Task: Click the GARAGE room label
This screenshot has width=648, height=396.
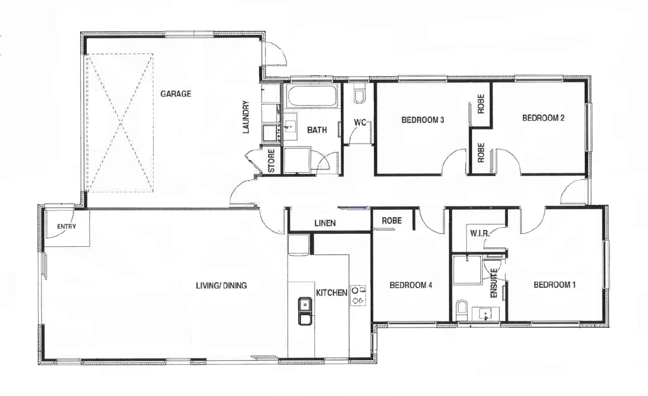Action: (175, 94)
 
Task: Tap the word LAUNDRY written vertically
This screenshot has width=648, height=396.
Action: (246, 117)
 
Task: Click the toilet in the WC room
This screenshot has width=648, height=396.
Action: (359, 94)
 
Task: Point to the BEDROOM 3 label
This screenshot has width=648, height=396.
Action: (423, 120)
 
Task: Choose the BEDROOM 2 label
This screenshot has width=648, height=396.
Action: (543, 118)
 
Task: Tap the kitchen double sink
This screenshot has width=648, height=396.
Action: (305, 310)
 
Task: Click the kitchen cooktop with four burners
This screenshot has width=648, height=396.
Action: (358, 296)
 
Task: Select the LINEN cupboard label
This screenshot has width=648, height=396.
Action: (325, 223)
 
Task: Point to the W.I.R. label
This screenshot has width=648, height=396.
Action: (479, 233)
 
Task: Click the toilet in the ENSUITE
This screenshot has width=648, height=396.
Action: (461, 311)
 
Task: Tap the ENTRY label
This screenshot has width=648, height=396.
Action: (67, 227)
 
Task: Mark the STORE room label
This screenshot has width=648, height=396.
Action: (271, 161)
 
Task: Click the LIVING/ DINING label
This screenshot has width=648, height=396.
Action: (221, 285)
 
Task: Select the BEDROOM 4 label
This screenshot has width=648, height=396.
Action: (411, 285)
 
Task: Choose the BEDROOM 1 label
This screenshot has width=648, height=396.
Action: (554, 285)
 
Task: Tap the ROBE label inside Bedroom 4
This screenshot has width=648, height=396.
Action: (392, 221)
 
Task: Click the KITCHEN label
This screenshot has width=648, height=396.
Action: (331, 293)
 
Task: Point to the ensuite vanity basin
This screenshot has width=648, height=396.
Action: (486, 314)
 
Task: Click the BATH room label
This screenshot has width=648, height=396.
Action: (317, 130)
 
